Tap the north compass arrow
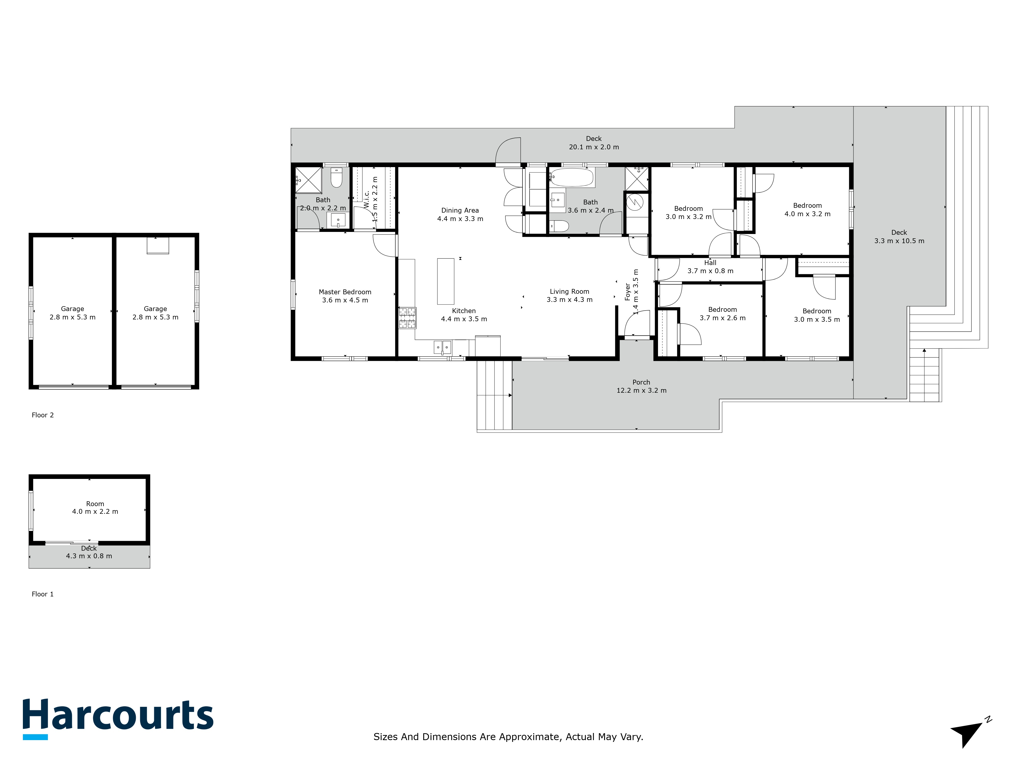click(x=968, y=731)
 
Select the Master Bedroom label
click(x=345, y=292)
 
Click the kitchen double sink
click(x=442, y=347)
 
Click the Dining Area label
click(x=460, y=210)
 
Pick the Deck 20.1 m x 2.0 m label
click(x=594, y=143)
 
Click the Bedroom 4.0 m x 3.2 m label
click(x=807, y=210)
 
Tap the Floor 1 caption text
click(x=43, y=594)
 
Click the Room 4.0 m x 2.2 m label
click(x=95, y=508)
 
